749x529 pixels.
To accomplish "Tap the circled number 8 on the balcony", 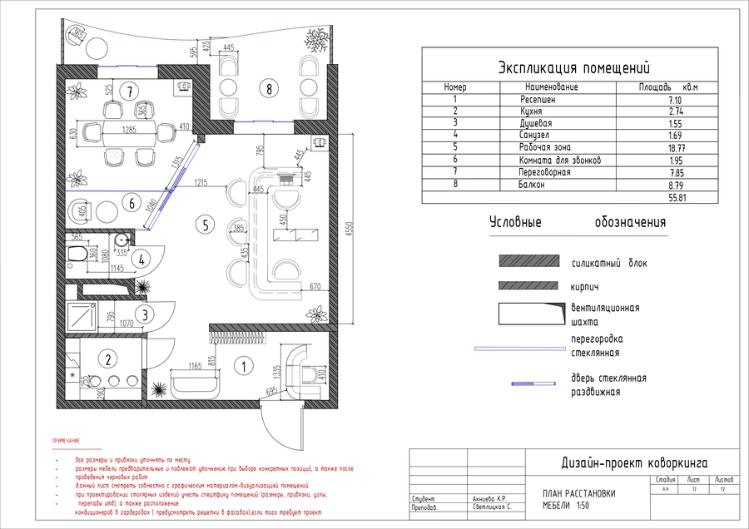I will click(267, 87).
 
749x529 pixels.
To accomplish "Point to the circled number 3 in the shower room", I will click(145, 314).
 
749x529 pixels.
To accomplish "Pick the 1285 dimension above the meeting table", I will click(129, 130).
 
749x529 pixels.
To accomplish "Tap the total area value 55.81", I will click(680, 199).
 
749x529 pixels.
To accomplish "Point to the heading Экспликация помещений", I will click(573, 67).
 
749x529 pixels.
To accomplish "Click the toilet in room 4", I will click(76, 256).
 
